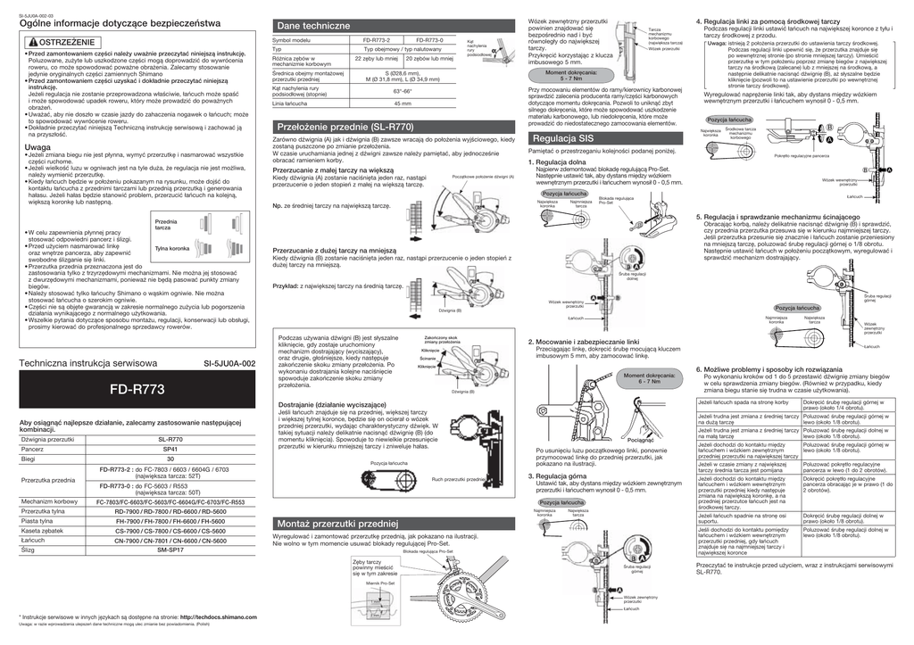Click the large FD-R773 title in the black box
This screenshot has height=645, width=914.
coord(137,390)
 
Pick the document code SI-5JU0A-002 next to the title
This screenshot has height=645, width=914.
coord(229,364)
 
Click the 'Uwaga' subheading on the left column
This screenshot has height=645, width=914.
coord(37,147)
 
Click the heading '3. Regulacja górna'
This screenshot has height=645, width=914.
coord(561,477)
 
